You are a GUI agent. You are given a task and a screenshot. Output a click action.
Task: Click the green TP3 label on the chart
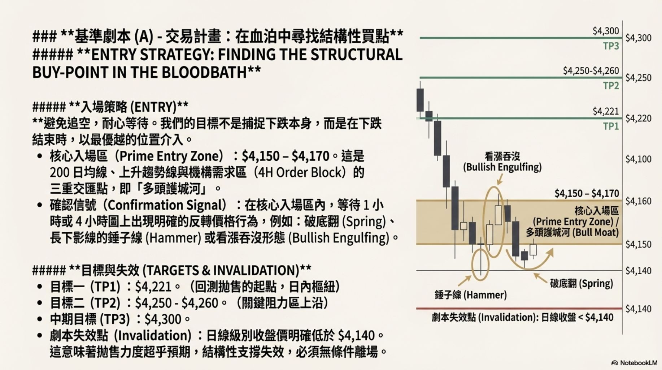pyautogui.click(x=611, y=46)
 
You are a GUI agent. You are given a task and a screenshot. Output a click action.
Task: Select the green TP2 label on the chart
pyautogui.click(x=611, y=86)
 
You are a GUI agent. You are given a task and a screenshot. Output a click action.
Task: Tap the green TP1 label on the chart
pyautogui.click(x=611, y=126)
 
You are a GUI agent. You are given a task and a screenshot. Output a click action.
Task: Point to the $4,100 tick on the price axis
pyautogui.click(x=638, y=159)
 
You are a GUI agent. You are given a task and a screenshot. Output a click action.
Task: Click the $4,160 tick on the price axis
pyautogui.click(x=638, y=201)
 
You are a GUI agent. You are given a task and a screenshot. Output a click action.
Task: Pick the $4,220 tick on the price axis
pyautogui.click(x=638, y=119)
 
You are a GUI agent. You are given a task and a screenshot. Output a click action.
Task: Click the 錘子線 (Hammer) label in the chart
pyautogui.click(x=470, y=295)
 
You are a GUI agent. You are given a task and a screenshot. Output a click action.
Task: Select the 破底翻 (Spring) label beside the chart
pyautogui.click(x=581, y=284)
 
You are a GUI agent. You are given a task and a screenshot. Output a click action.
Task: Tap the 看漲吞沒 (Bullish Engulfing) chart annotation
pyautogui.click(x=502, y=162)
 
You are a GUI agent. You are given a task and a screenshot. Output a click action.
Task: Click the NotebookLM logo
pyautogui.click(x=635, y=363)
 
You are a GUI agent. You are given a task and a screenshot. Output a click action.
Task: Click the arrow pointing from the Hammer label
pyautogui.click(x=465, y=281)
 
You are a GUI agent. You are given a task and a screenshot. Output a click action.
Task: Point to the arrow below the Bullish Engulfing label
pyautogui.click(x=500, y=180)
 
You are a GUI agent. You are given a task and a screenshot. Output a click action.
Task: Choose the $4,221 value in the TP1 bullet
pyautogui.click(x=153, y=287)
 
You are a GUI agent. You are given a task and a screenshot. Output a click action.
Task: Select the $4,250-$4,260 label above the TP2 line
pyautogui.click(x=591, y=71)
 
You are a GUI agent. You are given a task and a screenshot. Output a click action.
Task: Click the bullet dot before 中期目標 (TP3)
pyautogui.click(x=40, y=319)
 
